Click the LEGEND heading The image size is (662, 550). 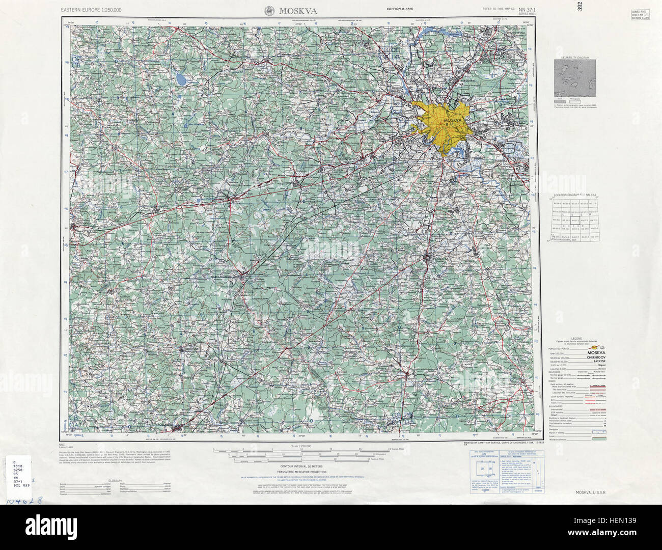pos(576,339)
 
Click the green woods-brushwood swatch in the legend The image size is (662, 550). pos(599,437)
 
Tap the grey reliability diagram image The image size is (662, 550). pos(574,79)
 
